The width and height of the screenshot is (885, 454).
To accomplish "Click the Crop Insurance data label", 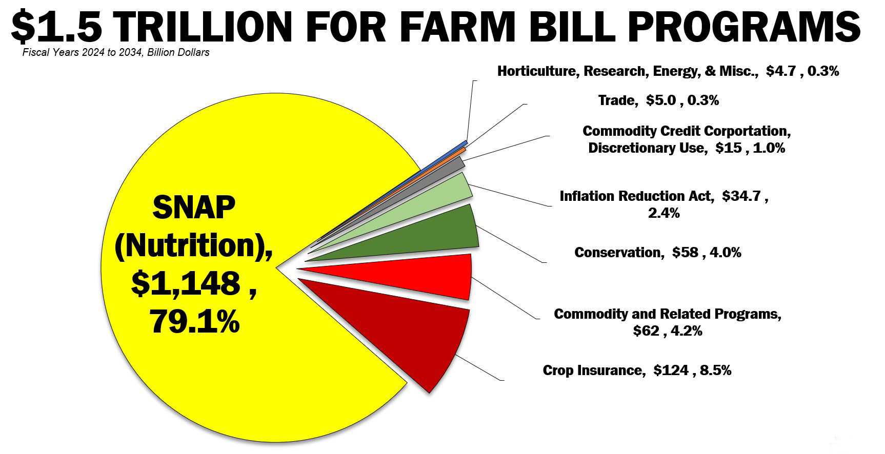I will (x=637, y=370).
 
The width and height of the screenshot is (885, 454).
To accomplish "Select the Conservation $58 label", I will (x=657, y=252).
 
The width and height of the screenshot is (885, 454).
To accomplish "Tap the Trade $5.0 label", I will (x=658, y=100).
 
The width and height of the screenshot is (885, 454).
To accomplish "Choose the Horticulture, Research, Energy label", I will (x=668, y=71).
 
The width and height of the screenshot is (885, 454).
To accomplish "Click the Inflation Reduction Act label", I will (x=663, y=204).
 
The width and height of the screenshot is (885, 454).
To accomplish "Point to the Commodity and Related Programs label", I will (x=668, y=322).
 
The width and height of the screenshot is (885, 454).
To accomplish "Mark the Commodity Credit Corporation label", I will (x=687, y=139).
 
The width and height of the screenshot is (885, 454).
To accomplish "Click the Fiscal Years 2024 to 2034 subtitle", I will (x=116, y=52).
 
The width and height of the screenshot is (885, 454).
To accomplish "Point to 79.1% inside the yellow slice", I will (x=195, y=322).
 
